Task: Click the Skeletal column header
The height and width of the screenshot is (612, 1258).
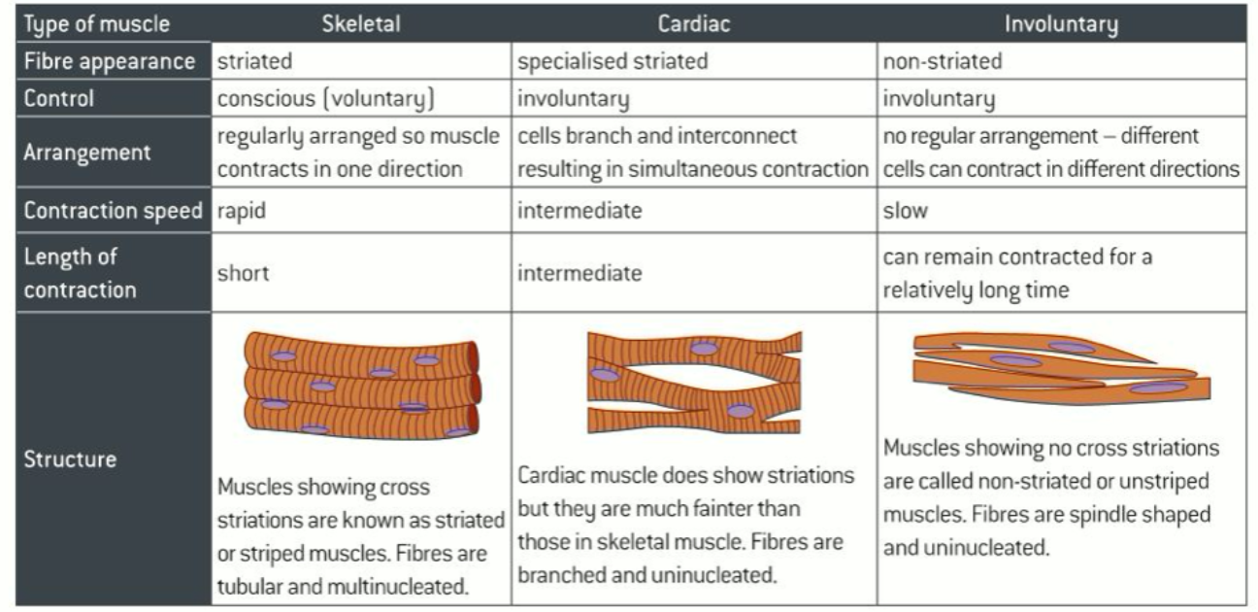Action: coord(361,24)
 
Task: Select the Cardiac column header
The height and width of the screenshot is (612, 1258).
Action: coord(693,24)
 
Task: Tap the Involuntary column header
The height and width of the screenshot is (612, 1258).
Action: coord(1061,24)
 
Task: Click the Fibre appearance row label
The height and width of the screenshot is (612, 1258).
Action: coord(110,61)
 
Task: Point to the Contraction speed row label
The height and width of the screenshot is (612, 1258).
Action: coord(114,210)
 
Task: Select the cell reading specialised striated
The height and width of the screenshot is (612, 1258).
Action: coord(612,61)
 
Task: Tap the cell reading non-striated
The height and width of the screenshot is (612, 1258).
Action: coord(943,61)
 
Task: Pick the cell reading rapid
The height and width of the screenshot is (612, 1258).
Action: coord(241,210)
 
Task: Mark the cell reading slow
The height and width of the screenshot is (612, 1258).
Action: coord(905,210)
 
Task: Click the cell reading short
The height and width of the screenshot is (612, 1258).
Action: coord(243,273)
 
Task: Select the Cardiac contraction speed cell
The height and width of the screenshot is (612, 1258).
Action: coord(579,210)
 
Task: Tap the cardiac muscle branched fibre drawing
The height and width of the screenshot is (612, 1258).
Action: coord(694,382)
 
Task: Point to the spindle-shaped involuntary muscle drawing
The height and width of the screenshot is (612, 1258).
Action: coord(1061,368)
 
